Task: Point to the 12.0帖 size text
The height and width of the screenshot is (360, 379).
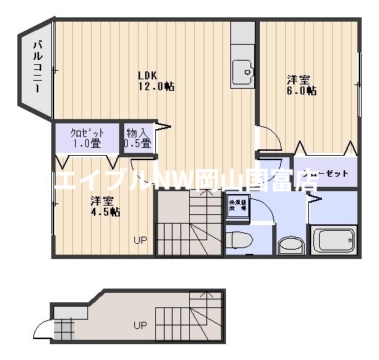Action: click(x=157, y=87)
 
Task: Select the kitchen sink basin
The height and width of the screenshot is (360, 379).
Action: click(x=243, y=70)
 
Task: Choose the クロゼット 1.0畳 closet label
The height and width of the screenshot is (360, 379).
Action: click(x=82, y=137)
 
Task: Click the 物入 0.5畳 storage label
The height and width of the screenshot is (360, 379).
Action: click(x=137, y=138)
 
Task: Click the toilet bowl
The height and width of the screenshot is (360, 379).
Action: click(x=238, y=239)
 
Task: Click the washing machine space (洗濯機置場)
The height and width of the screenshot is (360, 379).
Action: click(x=237, y=204)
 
